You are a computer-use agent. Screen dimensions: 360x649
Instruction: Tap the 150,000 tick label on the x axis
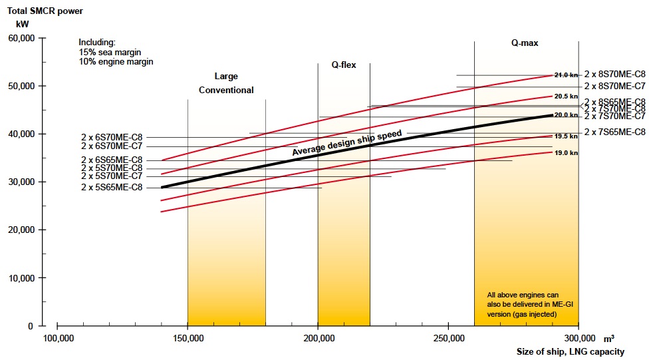click(188, 338)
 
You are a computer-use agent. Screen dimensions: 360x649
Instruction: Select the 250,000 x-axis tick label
click(448, 338)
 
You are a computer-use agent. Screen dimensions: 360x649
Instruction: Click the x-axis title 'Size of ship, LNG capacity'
click(571, 351)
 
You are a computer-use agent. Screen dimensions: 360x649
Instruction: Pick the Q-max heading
click(524, 43)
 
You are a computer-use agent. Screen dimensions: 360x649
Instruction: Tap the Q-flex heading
click(344, 65)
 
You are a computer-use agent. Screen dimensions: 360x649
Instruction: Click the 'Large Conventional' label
click(226, 83)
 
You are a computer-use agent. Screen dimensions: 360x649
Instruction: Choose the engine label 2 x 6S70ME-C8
click(112, 137)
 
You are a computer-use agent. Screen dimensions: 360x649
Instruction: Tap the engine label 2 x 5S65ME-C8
click(112, 188)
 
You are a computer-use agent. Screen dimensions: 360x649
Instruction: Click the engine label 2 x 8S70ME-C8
click(615, 75)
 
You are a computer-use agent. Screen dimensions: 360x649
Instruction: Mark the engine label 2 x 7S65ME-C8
click(615, 132)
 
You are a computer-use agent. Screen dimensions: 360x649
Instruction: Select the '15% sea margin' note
click(110, 52)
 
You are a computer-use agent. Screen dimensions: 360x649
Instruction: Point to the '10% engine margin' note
click(116, 62)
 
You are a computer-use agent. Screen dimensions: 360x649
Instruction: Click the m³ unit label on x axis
click(609, 338)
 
